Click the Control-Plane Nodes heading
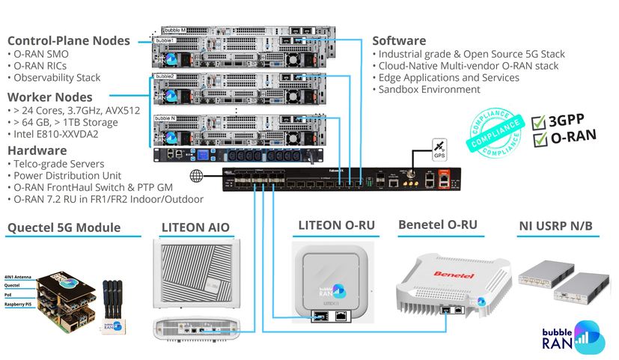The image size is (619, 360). pyautogui.click(x=68, y=40)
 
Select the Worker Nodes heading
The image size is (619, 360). pyautogui.click(x=49, y=97)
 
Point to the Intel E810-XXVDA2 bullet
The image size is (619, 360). pyautogui.click(x=56, y=135)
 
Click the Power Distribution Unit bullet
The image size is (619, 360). pyautogui.click(x=61, y=176)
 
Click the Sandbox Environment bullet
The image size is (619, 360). pyautogui.click(x=429, y=90)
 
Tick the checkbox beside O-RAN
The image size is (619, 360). pyautogui.click(x=537, y=139)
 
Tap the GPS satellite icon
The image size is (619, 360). pyautogui.click(x=439, y=147)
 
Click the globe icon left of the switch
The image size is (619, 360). pyautogui.click(x=197, y=176)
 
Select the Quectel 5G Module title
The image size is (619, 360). pyautogui.click(x=64, y=228)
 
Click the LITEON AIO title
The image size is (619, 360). pyautogui.click(x=195, y=228)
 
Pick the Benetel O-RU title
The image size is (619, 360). pyautogui.click(x=438, y=224)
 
